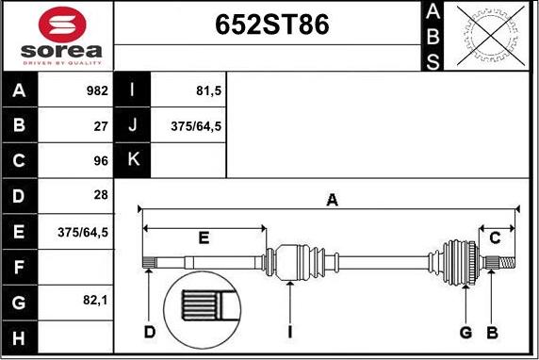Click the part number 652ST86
272,25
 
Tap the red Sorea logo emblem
62,25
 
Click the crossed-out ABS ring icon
491,36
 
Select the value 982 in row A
97,90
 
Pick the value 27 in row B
101,126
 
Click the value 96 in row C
101,160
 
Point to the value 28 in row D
101,195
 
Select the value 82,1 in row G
95,301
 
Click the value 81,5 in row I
208,90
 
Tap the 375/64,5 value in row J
196,126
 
